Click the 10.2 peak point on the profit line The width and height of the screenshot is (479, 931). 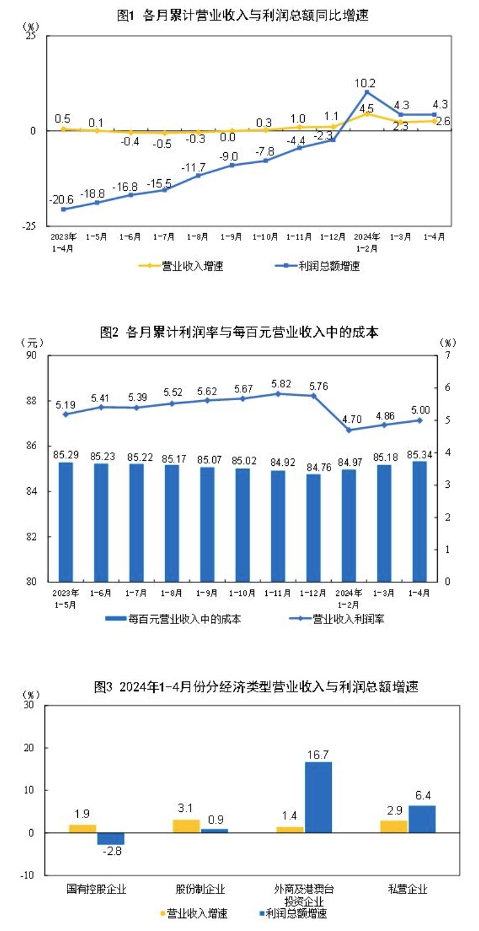(367, 92)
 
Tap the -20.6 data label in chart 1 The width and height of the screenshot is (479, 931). (63, 199)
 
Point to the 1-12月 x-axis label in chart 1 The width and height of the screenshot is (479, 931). (333, 236)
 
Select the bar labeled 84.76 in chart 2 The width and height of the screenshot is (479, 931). (313, 527)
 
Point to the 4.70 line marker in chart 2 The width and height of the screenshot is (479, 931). (349, 430)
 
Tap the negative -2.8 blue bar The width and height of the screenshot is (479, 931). (110, 838)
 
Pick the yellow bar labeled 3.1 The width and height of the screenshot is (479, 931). (186, 825)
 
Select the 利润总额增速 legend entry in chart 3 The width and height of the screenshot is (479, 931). (294, 913)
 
